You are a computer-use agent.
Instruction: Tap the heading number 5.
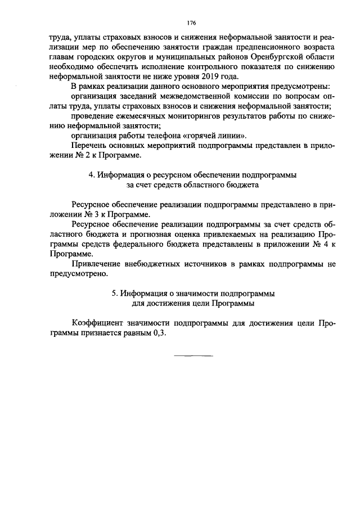click(x=115, y=293)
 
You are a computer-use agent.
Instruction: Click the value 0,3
click(x=160, y=332)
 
